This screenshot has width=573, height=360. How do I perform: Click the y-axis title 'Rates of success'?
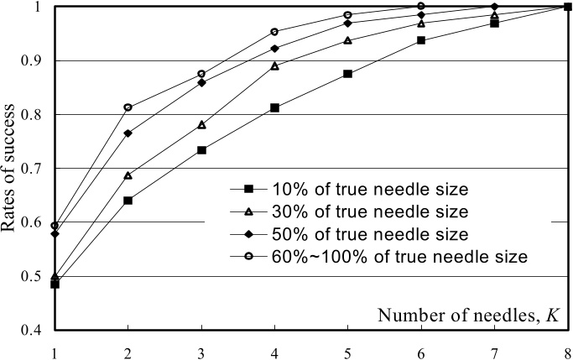[8, 168]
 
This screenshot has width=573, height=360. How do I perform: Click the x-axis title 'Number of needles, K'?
[468, 316]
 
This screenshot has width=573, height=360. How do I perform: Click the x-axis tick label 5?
[348, 354]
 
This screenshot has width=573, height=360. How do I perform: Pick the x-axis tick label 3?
[201, 354]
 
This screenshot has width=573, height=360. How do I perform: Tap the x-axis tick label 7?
[494, 354]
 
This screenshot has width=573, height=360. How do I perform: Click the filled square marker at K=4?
[275, 107]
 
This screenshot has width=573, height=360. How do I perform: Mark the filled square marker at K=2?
[128, 201]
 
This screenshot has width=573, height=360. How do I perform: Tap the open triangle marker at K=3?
[201, 125]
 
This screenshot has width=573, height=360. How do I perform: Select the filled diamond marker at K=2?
[128, 133]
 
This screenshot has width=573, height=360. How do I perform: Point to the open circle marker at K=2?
[128, 107]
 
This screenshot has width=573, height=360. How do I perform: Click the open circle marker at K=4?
[275, 32]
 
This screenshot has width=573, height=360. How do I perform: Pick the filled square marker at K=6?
[421, 40]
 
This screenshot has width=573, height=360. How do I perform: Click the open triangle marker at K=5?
[348, 40]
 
